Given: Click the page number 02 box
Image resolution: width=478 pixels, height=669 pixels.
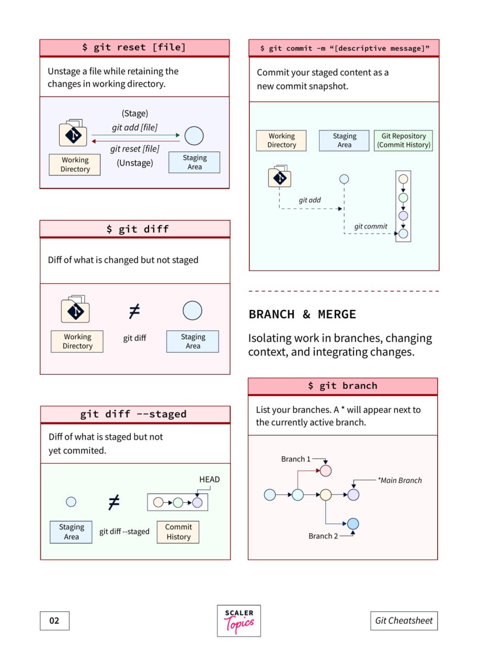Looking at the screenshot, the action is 54,621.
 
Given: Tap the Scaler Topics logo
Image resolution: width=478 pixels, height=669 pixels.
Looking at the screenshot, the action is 238,620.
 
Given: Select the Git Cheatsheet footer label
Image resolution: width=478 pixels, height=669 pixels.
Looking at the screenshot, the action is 404,621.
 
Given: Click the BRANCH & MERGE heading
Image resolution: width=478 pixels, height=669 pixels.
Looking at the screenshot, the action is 302,314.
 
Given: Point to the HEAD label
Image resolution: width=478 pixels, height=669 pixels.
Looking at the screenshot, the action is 209,479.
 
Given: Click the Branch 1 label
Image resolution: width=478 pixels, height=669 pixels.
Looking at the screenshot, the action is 296,459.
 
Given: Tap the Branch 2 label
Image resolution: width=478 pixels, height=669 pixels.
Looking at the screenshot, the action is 323,536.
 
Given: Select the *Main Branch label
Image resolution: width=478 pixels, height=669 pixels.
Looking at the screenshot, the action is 400,480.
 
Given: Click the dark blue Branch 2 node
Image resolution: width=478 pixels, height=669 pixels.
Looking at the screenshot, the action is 353,524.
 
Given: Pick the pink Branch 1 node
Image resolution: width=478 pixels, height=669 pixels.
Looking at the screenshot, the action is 326,471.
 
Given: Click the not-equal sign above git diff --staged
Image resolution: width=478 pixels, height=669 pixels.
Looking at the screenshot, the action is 114,502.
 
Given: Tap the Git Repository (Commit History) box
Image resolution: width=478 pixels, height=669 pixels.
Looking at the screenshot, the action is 403,141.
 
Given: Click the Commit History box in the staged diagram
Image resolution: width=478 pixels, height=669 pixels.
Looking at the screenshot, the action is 178,532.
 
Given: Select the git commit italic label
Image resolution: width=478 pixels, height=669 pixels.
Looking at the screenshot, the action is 370,226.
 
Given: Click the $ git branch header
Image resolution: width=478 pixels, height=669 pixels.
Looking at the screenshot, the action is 343,386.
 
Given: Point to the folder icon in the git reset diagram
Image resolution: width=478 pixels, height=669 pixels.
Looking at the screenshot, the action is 73,133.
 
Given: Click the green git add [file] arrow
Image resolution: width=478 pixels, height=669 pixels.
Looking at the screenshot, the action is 135,135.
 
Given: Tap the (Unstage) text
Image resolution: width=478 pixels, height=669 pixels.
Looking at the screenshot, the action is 135,163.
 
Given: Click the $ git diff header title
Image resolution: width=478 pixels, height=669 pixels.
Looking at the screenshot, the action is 138,229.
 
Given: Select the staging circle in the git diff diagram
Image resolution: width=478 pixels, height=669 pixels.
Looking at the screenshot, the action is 192,310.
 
